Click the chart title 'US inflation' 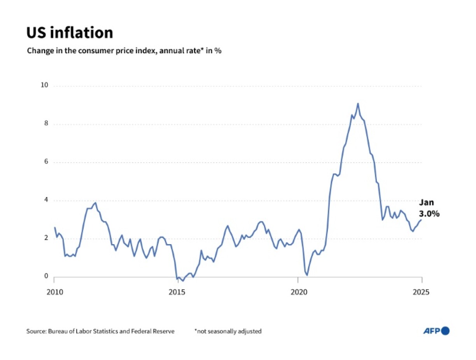[x=70, y=33]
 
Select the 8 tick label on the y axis [x=45, y=124]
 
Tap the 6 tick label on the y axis [x=45, y=162]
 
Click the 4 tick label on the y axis [x=45, y=200]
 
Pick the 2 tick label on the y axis [x=45, y=238]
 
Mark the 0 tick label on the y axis [x=45, y=276]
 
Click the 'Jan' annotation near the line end [x=426, y=203]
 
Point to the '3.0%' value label [x=429, y=213]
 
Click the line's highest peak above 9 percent [x=358, y=103]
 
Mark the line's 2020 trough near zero [x=307, y=275]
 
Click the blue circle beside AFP [x=446, y=331]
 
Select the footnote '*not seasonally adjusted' [x=228, y=331]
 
